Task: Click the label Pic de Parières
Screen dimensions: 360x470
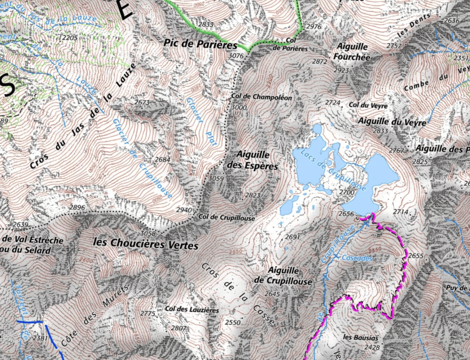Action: tap(200, 44)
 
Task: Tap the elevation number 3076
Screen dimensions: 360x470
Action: tap(236, 56)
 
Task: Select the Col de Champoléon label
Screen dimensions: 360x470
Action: tap(261, 97)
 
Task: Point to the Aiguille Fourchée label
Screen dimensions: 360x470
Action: tap(352, 52)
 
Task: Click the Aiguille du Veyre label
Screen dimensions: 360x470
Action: tap(392, 121)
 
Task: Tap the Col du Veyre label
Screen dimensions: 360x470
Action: tap(368, 105)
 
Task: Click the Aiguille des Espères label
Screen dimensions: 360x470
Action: tap(252, 160)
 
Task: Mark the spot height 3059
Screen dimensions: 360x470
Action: tap(216, 179)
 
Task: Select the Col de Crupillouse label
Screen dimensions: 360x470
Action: tap(226, 217)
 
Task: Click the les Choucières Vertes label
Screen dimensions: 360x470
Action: tap(146, 244)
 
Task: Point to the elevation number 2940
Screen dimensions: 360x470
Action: tap(184, 210)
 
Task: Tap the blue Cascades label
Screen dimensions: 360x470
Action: tap(357, 258)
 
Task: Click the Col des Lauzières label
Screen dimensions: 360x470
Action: tap(192, 309)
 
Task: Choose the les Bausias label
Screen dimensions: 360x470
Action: tap(360, 337)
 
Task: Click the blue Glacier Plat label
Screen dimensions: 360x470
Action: tap(201, 122)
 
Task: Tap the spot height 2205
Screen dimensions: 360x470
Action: tap(70, 38)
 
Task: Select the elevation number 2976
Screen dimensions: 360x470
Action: tap(314, 27)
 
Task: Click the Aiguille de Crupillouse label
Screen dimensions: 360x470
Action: tap(283, 276)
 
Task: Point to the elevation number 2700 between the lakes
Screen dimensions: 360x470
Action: tap(347, 192)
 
